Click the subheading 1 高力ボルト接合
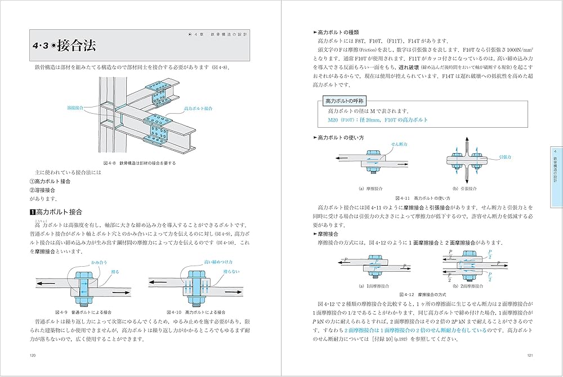[x=56, y=212]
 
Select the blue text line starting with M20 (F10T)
[x=378, y=120]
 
